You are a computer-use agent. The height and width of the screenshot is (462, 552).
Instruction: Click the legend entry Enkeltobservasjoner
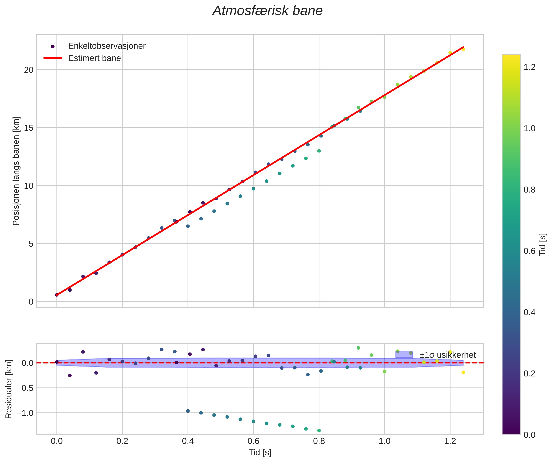tap(106, 46)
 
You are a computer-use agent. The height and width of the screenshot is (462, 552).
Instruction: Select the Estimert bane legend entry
tap(94, 58)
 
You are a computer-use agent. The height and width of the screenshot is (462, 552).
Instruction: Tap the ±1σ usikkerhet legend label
tap(447, 355)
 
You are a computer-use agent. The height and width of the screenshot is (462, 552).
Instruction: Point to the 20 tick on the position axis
tap(30, 70)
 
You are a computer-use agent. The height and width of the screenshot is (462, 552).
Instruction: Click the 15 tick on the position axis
tap(30, 128)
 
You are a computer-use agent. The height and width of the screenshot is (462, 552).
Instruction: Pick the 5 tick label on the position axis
tap(31, 244)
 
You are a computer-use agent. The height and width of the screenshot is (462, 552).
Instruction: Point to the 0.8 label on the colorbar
tap(529, 190)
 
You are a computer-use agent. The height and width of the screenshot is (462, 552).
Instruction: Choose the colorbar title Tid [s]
tap(543, 245)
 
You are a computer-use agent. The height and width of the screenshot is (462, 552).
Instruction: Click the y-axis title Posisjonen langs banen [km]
tap(16, 171)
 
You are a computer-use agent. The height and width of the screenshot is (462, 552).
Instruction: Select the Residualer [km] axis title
tap(9, 389)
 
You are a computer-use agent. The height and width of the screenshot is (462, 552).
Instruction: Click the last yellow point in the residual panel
tap(463, 372)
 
